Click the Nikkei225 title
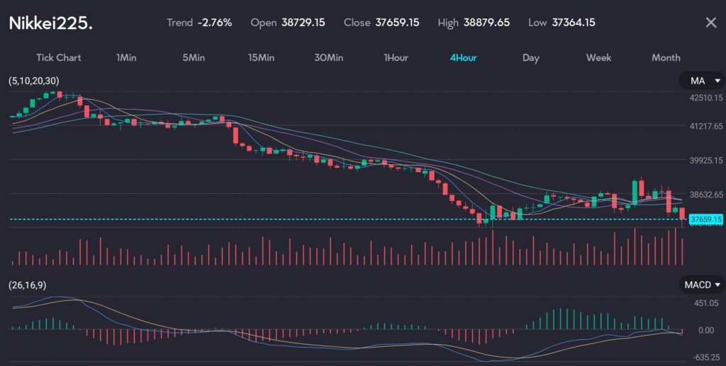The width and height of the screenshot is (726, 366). [x=50, y=23]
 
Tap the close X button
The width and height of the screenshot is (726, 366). [x=710, y=23]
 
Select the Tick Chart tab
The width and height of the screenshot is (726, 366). [x=59, y=57]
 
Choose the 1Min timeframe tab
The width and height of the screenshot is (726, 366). [x=126, y=57]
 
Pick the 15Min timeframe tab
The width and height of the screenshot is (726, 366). [x=261, y=57]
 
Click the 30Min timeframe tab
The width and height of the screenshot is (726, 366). [x=328, y=57]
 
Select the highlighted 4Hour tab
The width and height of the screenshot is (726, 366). [x=463, y=57]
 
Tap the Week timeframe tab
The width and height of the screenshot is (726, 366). [x=598, y=57]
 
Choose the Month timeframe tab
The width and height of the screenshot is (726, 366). [x=666, y=57]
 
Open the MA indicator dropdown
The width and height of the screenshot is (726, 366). [x=702, y=81]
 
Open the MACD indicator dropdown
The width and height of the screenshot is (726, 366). [x=702, y=285]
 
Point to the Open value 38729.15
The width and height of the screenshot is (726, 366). [x=303, y=23]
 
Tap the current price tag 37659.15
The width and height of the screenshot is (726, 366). [x=705, y=219]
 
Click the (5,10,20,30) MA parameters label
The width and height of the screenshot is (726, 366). [x=34, y=81]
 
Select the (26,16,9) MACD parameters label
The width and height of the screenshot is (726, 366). [x=28, y=285]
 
